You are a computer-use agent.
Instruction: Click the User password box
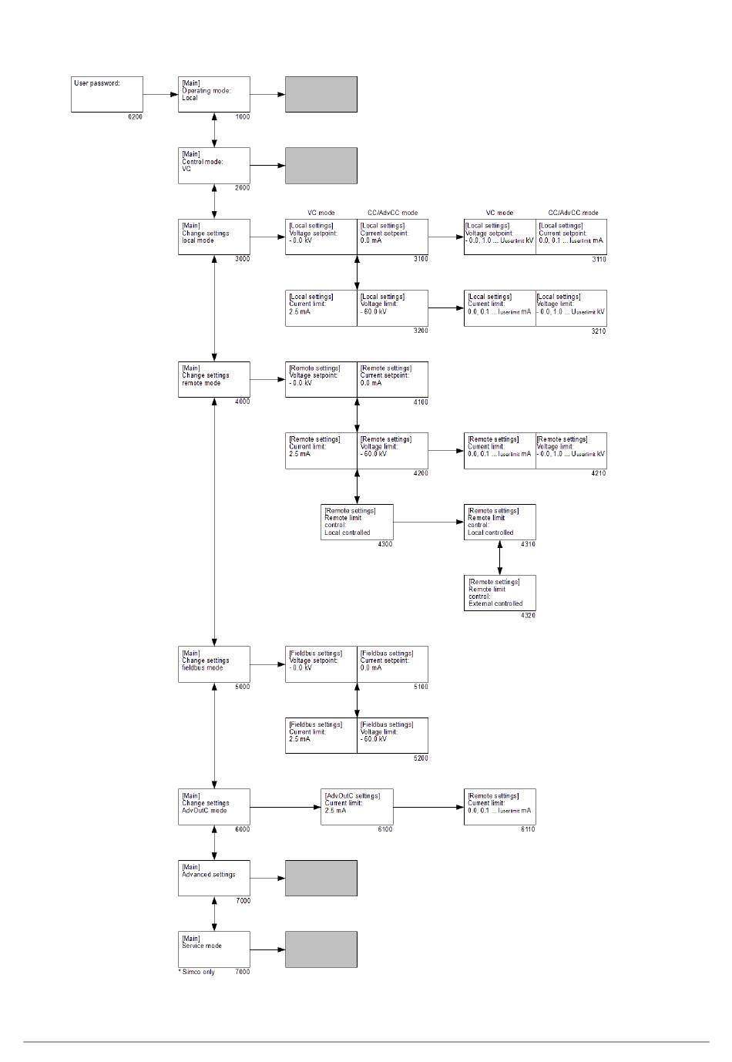tap(106, 94)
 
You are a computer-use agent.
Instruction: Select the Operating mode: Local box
tap(214, 94)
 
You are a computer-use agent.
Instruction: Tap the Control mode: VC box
tap(214, 165)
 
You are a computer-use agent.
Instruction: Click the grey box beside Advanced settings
tap(321, 878)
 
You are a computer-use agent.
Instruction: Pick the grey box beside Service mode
tap(321, 949)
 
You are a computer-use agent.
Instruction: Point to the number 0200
tap(135, 117)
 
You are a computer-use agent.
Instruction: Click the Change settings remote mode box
tap(214, 379)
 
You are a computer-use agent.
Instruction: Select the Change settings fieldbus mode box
tap(214, 664)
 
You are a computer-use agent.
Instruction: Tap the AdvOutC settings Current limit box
tap(357, 806)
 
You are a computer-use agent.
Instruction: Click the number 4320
tap(528, 616)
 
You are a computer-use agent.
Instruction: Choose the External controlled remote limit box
tap(499, 593)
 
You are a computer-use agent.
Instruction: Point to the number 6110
tap(528, 829)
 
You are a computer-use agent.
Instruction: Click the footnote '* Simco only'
tap(197, 972)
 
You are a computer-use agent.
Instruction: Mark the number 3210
tap(599, 331)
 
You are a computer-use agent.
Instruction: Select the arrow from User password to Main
tap(160, 95)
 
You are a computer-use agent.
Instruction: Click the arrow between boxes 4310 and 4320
tap(500, 557)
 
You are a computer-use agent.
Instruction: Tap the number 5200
tap(421, 758)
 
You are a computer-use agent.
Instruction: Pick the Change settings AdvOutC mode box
tap(214, 806)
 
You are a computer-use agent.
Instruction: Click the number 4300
tap(385, 544)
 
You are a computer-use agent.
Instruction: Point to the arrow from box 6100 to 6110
tap(428, 807)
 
